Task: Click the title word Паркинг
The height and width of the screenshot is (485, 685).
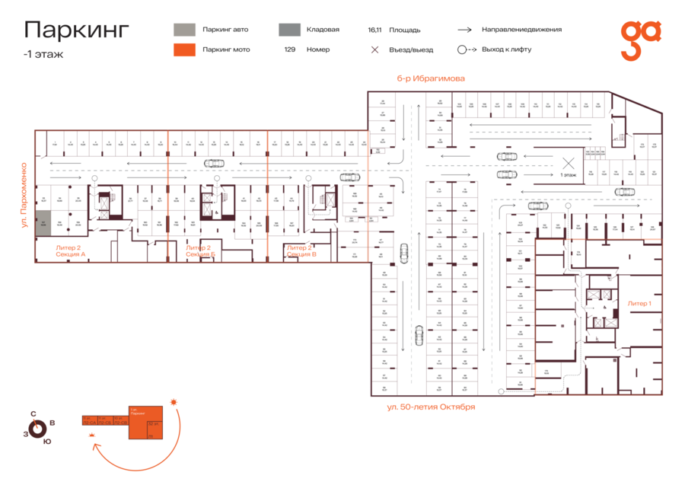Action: [x=77, y=30]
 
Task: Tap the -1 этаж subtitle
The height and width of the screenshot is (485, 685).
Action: [x=43, y=54]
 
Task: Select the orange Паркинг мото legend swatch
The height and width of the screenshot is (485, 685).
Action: [x=183, y=49]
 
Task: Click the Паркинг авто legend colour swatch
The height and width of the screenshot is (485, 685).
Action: [x=183, y=30]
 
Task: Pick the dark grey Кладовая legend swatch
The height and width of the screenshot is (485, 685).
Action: [x=288, y=30]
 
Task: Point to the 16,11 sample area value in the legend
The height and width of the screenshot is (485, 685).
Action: [x=374, y=30]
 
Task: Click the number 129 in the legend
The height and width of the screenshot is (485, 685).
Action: [x=290, y=49]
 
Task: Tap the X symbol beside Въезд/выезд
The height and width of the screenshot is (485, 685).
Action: [x=374, y=49]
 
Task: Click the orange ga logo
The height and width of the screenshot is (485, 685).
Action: [x=640, y=40]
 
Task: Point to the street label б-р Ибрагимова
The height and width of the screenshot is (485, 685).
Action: [x=431, y=78]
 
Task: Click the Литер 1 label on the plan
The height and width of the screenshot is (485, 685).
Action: [x=639, y=303]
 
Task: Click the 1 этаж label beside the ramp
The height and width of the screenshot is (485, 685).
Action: [x=568, y=175]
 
